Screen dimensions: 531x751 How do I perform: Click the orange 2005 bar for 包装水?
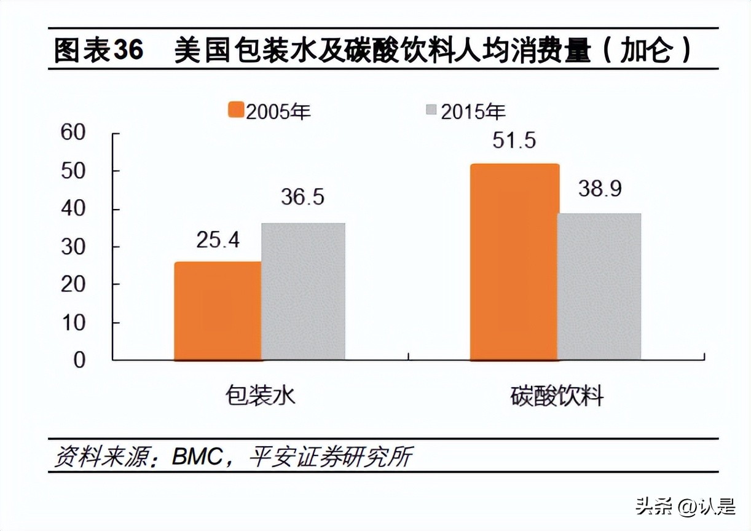[218, 310]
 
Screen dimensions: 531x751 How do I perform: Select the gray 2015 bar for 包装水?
[303, 291]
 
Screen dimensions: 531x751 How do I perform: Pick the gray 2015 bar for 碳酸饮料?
[599, 286]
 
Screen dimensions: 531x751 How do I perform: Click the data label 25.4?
[218, 240]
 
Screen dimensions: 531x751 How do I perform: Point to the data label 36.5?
[303, 197]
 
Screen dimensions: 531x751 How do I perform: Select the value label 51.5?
[514, 140]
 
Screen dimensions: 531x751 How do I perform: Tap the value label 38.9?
[600, 189]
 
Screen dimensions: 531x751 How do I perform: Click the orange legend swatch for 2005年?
[236, 111]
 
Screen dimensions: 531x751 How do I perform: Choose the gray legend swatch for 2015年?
[431, 111]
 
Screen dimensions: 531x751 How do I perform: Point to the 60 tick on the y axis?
[73, 133]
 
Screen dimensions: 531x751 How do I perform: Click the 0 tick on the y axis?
[79, 360]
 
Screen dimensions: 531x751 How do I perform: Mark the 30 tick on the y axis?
[73, 246]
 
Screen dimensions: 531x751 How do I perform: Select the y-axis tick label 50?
[73, 171]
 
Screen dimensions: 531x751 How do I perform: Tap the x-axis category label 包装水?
[261, 395]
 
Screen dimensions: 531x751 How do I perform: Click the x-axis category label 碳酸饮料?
[557, 395]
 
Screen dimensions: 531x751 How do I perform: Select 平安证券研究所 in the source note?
[330, 457]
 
